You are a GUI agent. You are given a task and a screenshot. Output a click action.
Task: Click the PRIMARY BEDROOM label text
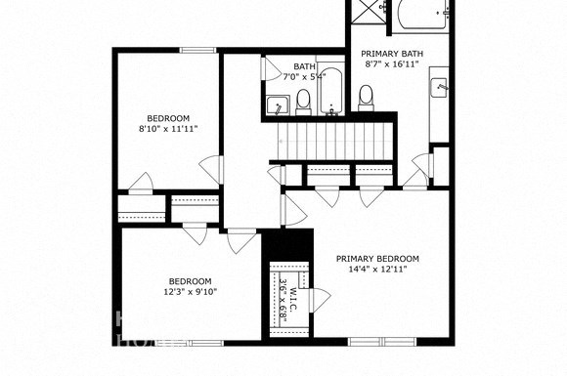[x=377, y=259]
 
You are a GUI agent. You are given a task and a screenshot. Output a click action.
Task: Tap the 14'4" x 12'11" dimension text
[x=377, y=271]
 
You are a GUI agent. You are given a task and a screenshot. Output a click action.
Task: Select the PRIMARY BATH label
[x=391, y=54]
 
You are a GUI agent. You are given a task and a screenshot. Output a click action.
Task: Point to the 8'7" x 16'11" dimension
[x=391, y=65]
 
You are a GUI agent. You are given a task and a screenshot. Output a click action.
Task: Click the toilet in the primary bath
[x=367, y=97]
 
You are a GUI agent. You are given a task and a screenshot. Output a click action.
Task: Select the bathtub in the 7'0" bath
[x=331, y=92]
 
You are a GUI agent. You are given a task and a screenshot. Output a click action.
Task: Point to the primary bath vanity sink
[x=440, y=89]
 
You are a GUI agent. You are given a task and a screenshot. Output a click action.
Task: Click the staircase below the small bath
[x=332, y=140]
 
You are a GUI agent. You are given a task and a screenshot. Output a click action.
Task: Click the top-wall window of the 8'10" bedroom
[x=197, y=49]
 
